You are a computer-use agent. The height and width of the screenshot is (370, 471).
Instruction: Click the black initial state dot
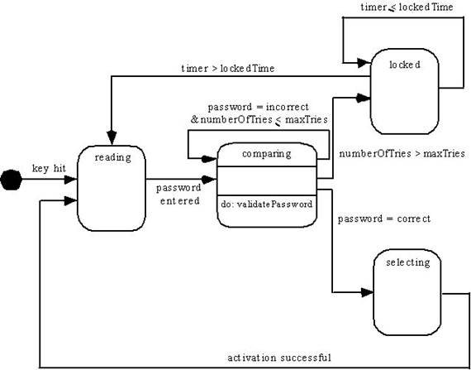point(11,180)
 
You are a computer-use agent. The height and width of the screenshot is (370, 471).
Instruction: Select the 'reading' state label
point(112,157)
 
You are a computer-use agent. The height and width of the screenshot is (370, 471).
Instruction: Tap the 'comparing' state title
point(266,154)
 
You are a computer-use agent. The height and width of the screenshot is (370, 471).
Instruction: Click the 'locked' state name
point(405,65)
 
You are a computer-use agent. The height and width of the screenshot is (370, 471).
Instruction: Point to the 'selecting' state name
point(408,263)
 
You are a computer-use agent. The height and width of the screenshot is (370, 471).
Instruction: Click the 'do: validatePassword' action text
point(267,204)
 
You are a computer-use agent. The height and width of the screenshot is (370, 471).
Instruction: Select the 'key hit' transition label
point(49,169)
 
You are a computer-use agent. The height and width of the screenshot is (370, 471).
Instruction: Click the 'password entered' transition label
point(178,195)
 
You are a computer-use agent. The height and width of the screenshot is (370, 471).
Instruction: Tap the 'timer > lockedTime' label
point(228,69)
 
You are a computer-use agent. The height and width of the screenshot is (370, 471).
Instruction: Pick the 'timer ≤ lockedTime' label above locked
point(407,7)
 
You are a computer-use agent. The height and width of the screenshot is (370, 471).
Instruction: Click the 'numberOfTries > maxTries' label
point(402,154)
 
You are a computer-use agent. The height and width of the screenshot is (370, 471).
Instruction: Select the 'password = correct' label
point(384,219)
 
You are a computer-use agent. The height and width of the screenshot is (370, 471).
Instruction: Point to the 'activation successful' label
point(279,358)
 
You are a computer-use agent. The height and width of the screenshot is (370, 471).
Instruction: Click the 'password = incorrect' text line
point(259,107)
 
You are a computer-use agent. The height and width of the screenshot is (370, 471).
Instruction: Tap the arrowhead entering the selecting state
point(367,292)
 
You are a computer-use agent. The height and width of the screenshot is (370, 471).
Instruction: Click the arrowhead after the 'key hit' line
point(70,180)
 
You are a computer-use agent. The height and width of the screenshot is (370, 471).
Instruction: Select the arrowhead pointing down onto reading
point(112,137)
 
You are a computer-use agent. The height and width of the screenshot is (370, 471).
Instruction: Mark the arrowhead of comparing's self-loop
point(209,159)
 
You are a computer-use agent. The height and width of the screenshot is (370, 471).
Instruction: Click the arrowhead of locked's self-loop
point(364,63)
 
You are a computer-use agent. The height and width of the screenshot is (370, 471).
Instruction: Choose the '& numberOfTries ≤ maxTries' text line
point(259,120)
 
